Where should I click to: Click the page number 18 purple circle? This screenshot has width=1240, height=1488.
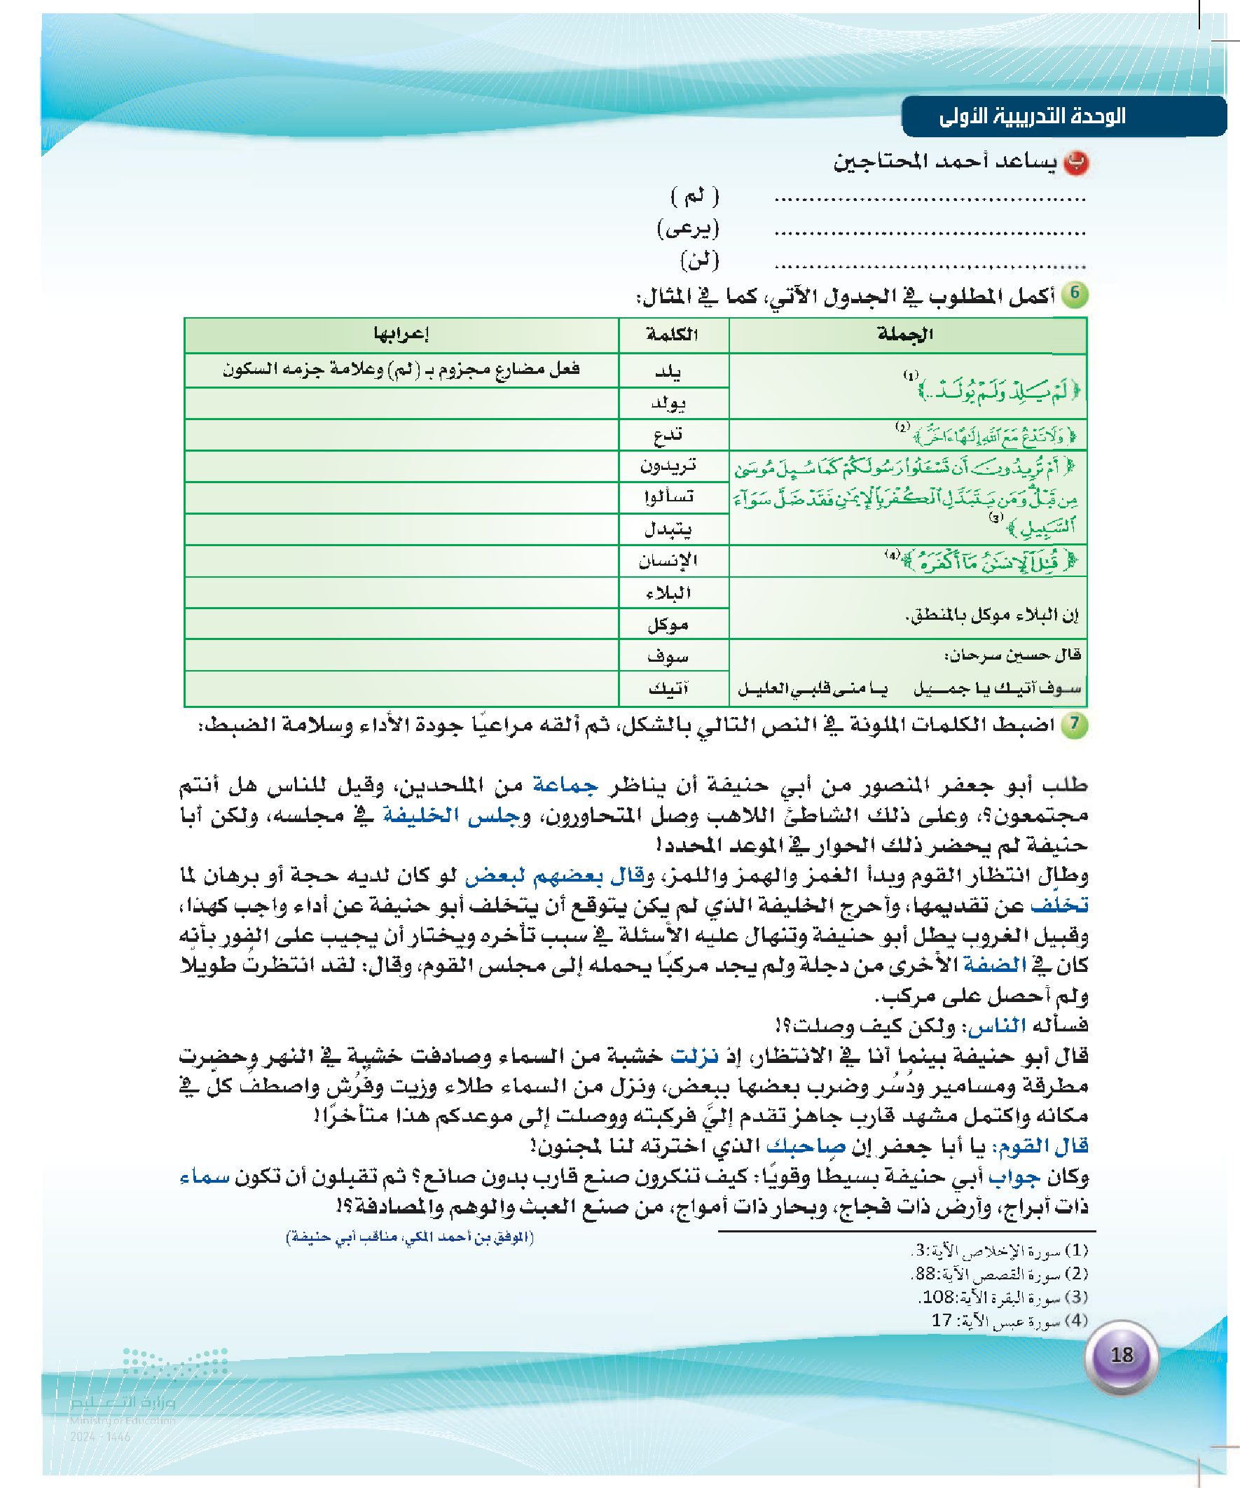coord(1122,1356)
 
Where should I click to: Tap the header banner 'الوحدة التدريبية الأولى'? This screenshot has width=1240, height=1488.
coord(1032,116)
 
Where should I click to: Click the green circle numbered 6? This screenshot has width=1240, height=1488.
coord(1075,293)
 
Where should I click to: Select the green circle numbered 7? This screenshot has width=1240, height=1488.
coord(1075,725)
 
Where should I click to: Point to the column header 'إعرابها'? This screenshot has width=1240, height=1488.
coord(401,335)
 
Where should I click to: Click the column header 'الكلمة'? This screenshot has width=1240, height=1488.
coord(672,335)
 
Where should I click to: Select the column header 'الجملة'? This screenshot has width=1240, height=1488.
coord(905,335)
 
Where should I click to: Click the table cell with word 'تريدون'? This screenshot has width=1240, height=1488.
coord(668,466)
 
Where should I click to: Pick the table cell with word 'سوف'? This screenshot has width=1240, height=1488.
coord(668,656)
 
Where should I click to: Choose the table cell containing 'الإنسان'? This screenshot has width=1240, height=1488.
coord(668,561)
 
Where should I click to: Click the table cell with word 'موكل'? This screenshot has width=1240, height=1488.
coord(668,624)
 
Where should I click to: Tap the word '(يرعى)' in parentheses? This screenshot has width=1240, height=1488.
coord(688,228)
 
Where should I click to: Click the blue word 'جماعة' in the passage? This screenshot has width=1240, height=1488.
coord(565,784)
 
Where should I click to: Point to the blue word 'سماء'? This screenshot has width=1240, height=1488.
coord(205,1176)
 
